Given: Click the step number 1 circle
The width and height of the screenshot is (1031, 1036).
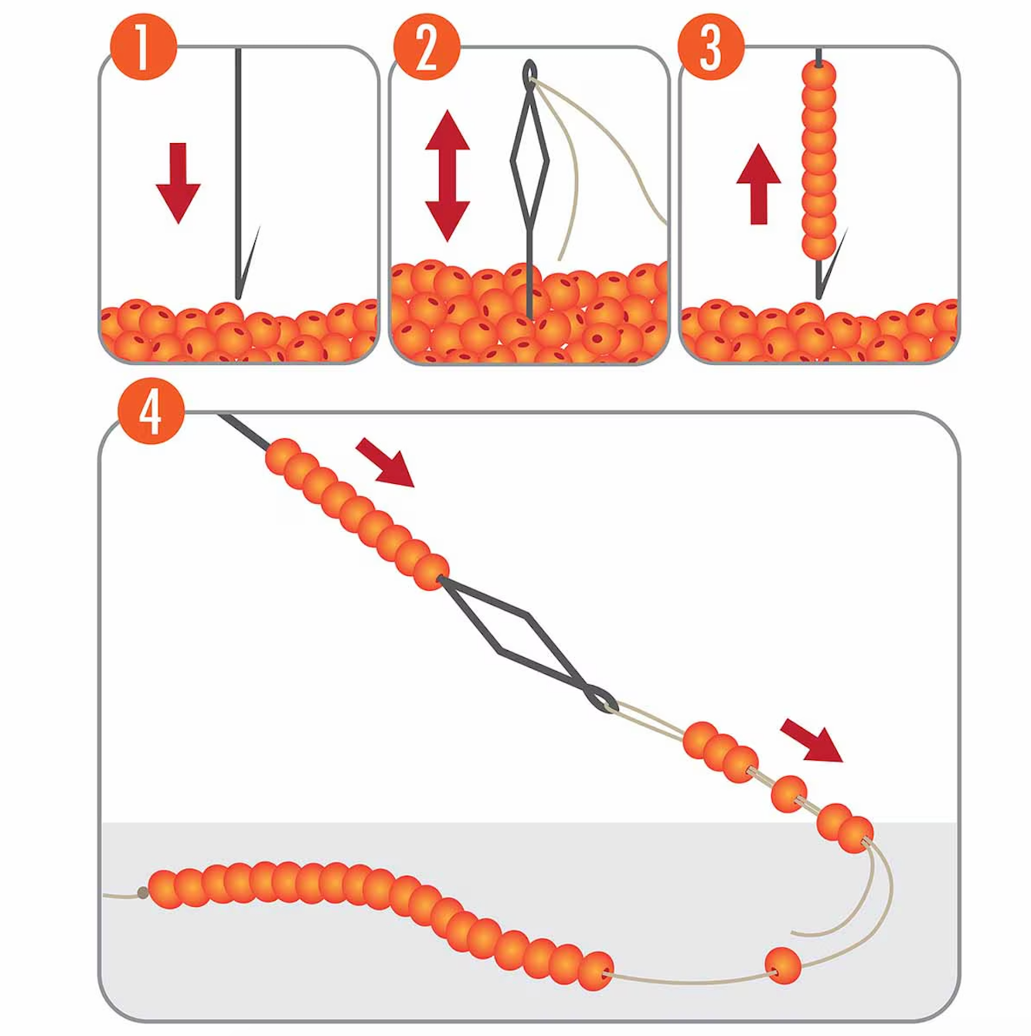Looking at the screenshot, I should coord(143,47).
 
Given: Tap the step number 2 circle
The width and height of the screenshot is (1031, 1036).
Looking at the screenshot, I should coord(427,47).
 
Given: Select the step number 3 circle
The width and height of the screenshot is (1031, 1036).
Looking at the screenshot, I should coord(710,47).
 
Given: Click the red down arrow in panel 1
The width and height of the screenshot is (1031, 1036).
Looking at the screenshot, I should coord(179,182).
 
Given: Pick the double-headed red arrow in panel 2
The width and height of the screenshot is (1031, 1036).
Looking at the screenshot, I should coord(447,176).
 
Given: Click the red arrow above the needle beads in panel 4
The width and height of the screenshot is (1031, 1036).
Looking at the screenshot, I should coord(386,463).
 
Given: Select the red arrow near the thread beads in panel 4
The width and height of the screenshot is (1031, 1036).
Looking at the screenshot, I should coord(812,740).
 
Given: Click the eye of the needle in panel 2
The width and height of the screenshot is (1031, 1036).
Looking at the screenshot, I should coord(530,74).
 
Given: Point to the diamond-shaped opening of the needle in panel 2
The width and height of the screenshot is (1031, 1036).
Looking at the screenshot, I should coord(529,162).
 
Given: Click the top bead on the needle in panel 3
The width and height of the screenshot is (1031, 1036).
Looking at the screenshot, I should coord(819,77).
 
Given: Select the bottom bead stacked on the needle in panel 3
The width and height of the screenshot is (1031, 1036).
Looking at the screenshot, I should coord(818,245).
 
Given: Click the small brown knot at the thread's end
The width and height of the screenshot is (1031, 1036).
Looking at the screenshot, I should coord(143,893).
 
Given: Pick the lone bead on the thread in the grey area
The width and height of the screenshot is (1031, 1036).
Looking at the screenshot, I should coord(783,965).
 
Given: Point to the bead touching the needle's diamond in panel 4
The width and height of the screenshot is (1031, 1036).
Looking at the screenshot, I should coord(430,572).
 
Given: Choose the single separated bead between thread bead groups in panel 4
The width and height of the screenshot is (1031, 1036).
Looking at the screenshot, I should coord(788,794).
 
